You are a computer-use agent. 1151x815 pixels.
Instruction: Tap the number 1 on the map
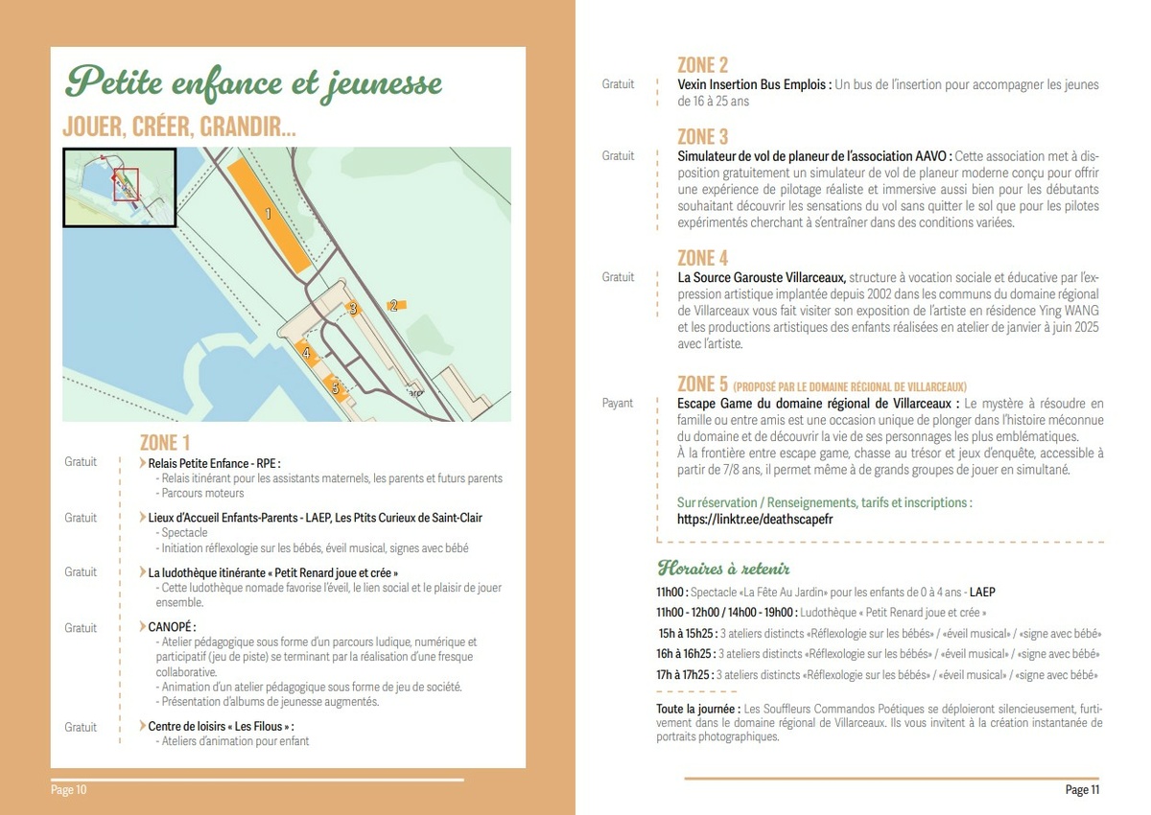269,214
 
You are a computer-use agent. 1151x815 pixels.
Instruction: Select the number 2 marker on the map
393,306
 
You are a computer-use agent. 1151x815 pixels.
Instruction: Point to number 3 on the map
353,309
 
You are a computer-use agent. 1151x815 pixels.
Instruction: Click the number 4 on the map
307,354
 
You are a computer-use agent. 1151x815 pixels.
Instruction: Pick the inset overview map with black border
119,187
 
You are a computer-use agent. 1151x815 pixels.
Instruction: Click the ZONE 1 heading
165,442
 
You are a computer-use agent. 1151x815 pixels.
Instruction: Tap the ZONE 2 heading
702,65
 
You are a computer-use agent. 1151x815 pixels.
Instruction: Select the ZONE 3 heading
702,136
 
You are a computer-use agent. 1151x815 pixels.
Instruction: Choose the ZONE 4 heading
702,258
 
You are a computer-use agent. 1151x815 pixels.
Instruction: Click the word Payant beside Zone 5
618,403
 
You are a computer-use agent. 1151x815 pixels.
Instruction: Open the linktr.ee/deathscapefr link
755,519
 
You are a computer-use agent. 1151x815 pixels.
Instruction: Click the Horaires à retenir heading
723,568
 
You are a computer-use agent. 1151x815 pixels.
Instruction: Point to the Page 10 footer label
69,790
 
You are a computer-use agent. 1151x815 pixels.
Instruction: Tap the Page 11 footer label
1082,790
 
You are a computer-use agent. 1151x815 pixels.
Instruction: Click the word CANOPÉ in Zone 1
172,627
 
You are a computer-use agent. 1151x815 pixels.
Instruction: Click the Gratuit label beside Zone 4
618,277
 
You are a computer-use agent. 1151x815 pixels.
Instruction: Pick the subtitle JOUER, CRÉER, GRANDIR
178,128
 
